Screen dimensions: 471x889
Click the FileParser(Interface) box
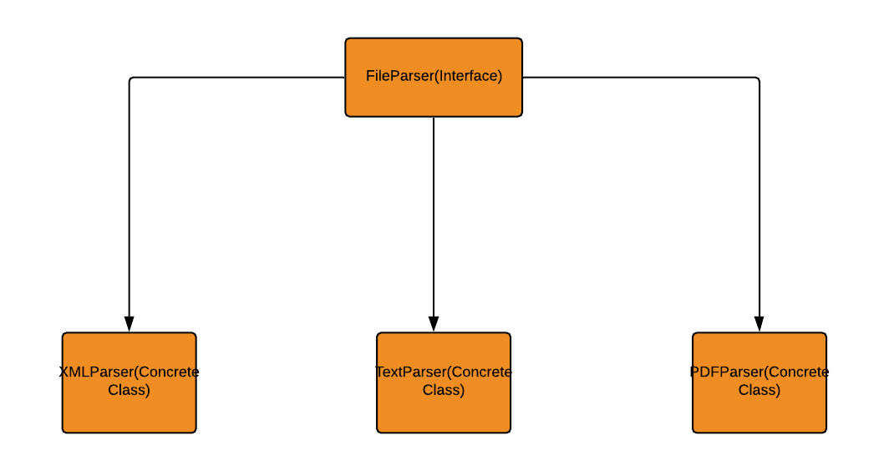tap(434, 77)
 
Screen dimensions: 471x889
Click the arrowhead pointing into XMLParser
tap(129, 324)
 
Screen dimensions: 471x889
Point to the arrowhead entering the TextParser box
tap(434, 324)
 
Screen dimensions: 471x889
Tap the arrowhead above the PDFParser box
tap(759, 324)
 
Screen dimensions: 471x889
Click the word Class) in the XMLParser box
tap(130, 390)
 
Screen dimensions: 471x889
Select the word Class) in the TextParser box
tap(444, 390)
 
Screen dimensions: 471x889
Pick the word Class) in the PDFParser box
tap(759, 390)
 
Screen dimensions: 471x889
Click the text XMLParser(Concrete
tap(130, 372)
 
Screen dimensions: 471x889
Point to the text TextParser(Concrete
tap(444, 372)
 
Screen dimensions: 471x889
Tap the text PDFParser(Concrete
tap(759, 372)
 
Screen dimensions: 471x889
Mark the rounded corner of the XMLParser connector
tap(131, 79)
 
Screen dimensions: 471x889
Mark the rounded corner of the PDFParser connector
tap(757, 79)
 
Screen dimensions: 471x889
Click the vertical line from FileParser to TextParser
tap(434, 217)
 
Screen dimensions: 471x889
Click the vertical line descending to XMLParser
tap(129, 200)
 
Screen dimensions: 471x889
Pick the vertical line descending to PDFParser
tap(759, 200)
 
